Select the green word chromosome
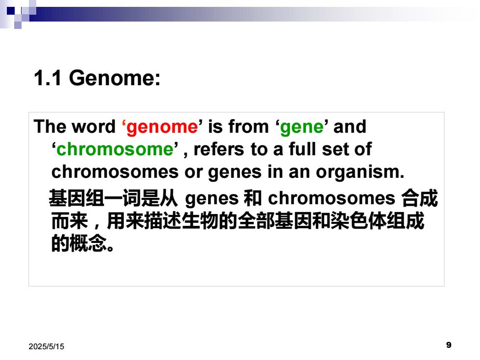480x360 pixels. (115, 149)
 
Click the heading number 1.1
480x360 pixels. (48, 78)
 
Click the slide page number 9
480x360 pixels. (449, 345)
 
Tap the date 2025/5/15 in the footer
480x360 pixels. (46, 347)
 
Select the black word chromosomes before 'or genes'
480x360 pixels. (115, 172)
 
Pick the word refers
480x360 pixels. (219, 149)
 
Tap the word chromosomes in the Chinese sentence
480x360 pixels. (332, 198)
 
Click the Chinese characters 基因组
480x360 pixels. (76, 198)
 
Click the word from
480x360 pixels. (248, 126)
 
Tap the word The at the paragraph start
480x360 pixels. (50, 126)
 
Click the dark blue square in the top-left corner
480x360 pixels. (11, 11)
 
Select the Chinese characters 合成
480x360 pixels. (419, 198)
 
